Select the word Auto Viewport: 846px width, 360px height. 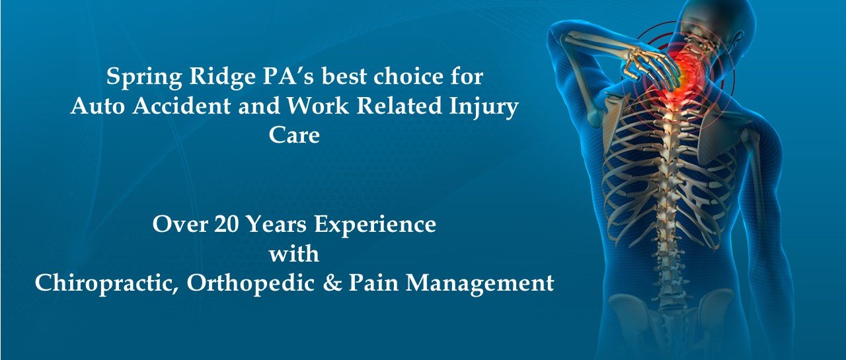pyautogui.click(x=97, y=106)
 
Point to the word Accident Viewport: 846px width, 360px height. pyautogui.click(x=181, y=106)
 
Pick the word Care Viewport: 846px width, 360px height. pyautogui.click(x=294, y=135)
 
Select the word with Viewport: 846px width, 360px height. pyautogui.click(x=294, y=254)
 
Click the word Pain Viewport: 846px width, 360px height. pyautogui.click(x=373, y=283)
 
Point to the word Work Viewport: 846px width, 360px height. pyautogui.click(x=317, y=106)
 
